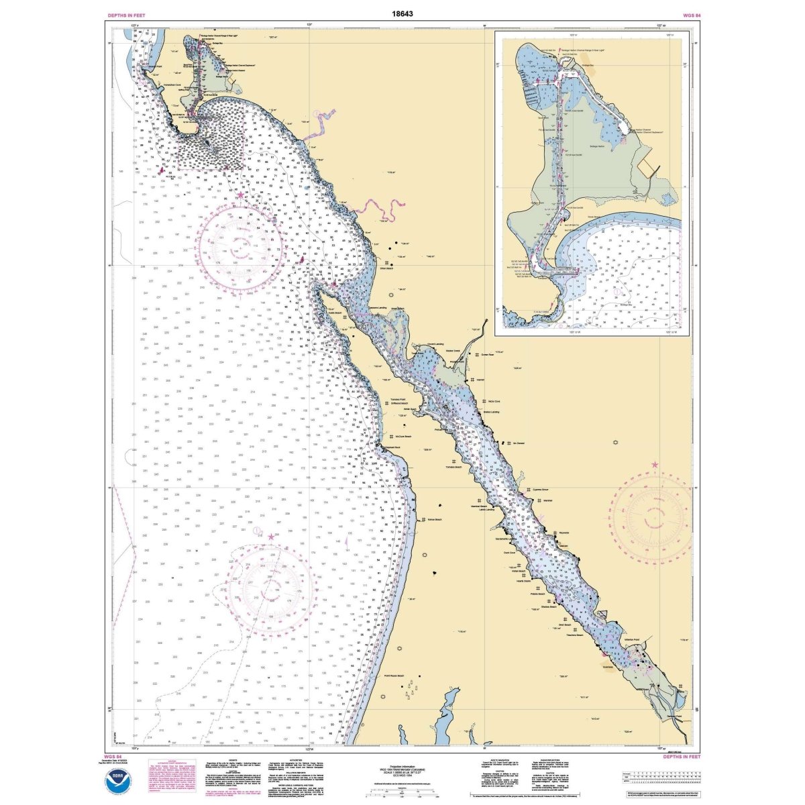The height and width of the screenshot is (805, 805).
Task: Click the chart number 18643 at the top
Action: point(402,13)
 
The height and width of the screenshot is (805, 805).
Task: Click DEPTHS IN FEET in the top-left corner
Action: point(126,14)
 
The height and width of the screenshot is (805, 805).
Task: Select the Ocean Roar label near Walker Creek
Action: point(488,356)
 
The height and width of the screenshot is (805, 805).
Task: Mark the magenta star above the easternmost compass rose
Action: point(655,464)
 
